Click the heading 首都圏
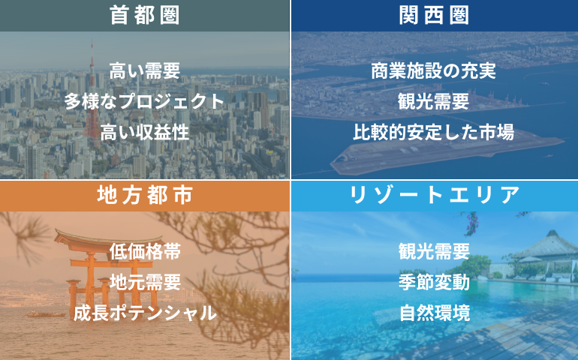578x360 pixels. tap(144, 16)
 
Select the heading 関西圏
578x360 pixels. tap(434, 16)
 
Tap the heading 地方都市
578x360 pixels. tap(145, 195)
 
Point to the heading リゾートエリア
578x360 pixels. tap(434, 195)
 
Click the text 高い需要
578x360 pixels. tap(145, 70)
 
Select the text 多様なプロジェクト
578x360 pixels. tap(144, 102)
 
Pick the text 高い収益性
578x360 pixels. tap(145, 132)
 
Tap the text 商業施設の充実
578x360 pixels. tap(434, 70)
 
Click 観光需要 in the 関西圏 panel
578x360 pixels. tap(434, 102)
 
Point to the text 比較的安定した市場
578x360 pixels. tap(434, 132)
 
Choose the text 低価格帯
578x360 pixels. tap(145, 251)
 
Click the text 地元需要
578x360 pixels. tap(145, 282)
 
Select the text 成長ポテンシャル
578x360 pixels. tap(145, 313)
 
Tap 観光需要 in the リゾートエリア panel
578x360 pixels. tap(434, 251)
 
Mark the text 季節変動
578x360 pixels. tap(434, 282)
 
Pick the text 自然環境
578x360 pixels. tap(435, 313)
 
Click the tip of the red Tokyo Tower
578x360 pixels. tap(92, 40)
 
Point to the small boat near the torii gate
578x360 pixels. tap(45, 314)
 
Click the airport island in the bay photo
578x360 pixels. tap(446, 153)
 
